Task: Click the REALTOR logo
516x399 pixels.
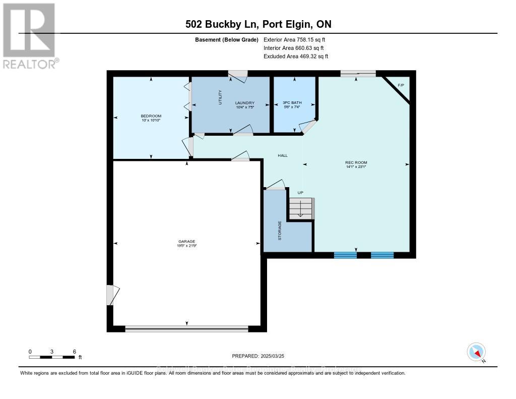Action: pyautogui.click(x=29, y=36)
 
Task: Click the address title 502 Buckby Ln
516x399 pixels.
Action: pyautogui.click(x=257, y=24)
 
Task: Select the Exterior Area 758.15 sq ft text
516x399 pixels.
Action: pyautogui.click(x=298, y=40)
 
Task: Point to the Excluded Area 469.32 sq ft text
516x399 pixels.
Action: pyautogui.click(x=296, y=56)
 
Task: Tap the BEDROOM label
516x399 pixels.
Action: pyautogui.click(x=151, y=117)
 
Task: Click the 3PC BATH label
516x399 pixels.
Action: pyautogui.click(x=293, y=103)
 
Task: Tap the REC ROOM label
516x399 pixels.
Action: pyautogui.click(x=356, y=163)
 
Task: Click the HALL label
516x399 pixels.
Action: pyautogui.click(x=283, y=155)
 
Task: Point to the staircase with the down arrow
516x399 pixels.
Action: pyautogui.click(x=301, y=208)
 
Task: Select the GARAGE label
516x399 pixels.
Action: pyautogui.click(x=186, y=242)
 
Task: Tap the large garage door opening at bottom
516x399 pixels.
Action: pyautogui.click(x=186, y=328)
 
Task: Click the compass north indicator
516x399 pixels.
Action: pyautogui.click(x=476, y=351)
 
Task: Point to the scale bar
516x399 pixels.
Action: pyautogui.click(x=52, y=357)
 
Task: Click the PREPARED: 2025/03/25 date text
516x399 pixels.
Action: pyautogui.click(x=257, y=356)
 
